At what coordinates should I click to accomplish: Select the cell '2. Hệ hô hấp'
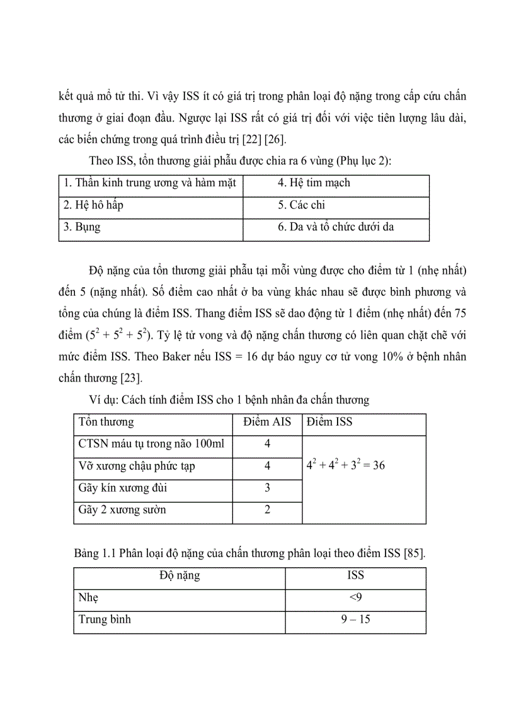(x=93, y=205)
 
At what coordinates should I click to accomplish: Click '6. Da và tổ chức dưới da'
(x=336, y=227)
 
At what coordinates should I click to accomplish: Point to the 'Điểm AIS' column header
(x=267, y=422)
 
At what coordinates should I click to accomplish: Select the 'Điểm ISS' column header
(x=329, y=422)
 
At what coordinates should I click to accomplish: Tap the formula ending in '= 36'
(x=345, y=466)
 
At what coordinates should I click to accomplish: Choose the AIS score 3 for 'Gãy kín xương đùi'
(x=267, y=488)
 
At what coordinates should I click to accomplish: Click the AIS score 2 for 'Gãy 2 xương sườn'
(x=267, y=510)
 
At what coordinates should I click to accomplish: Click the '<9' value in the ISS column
(x=355, y=597)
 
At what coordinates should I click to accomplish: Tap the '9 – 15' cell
(x=355, y=619)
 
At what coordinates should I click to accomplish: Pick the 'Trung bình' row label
(x=105, y=619)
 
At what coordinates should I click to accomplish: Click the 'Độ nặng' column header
(x=180, y=575)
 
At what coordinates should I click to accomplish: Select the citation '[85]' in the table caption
(x=414, y=553)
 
